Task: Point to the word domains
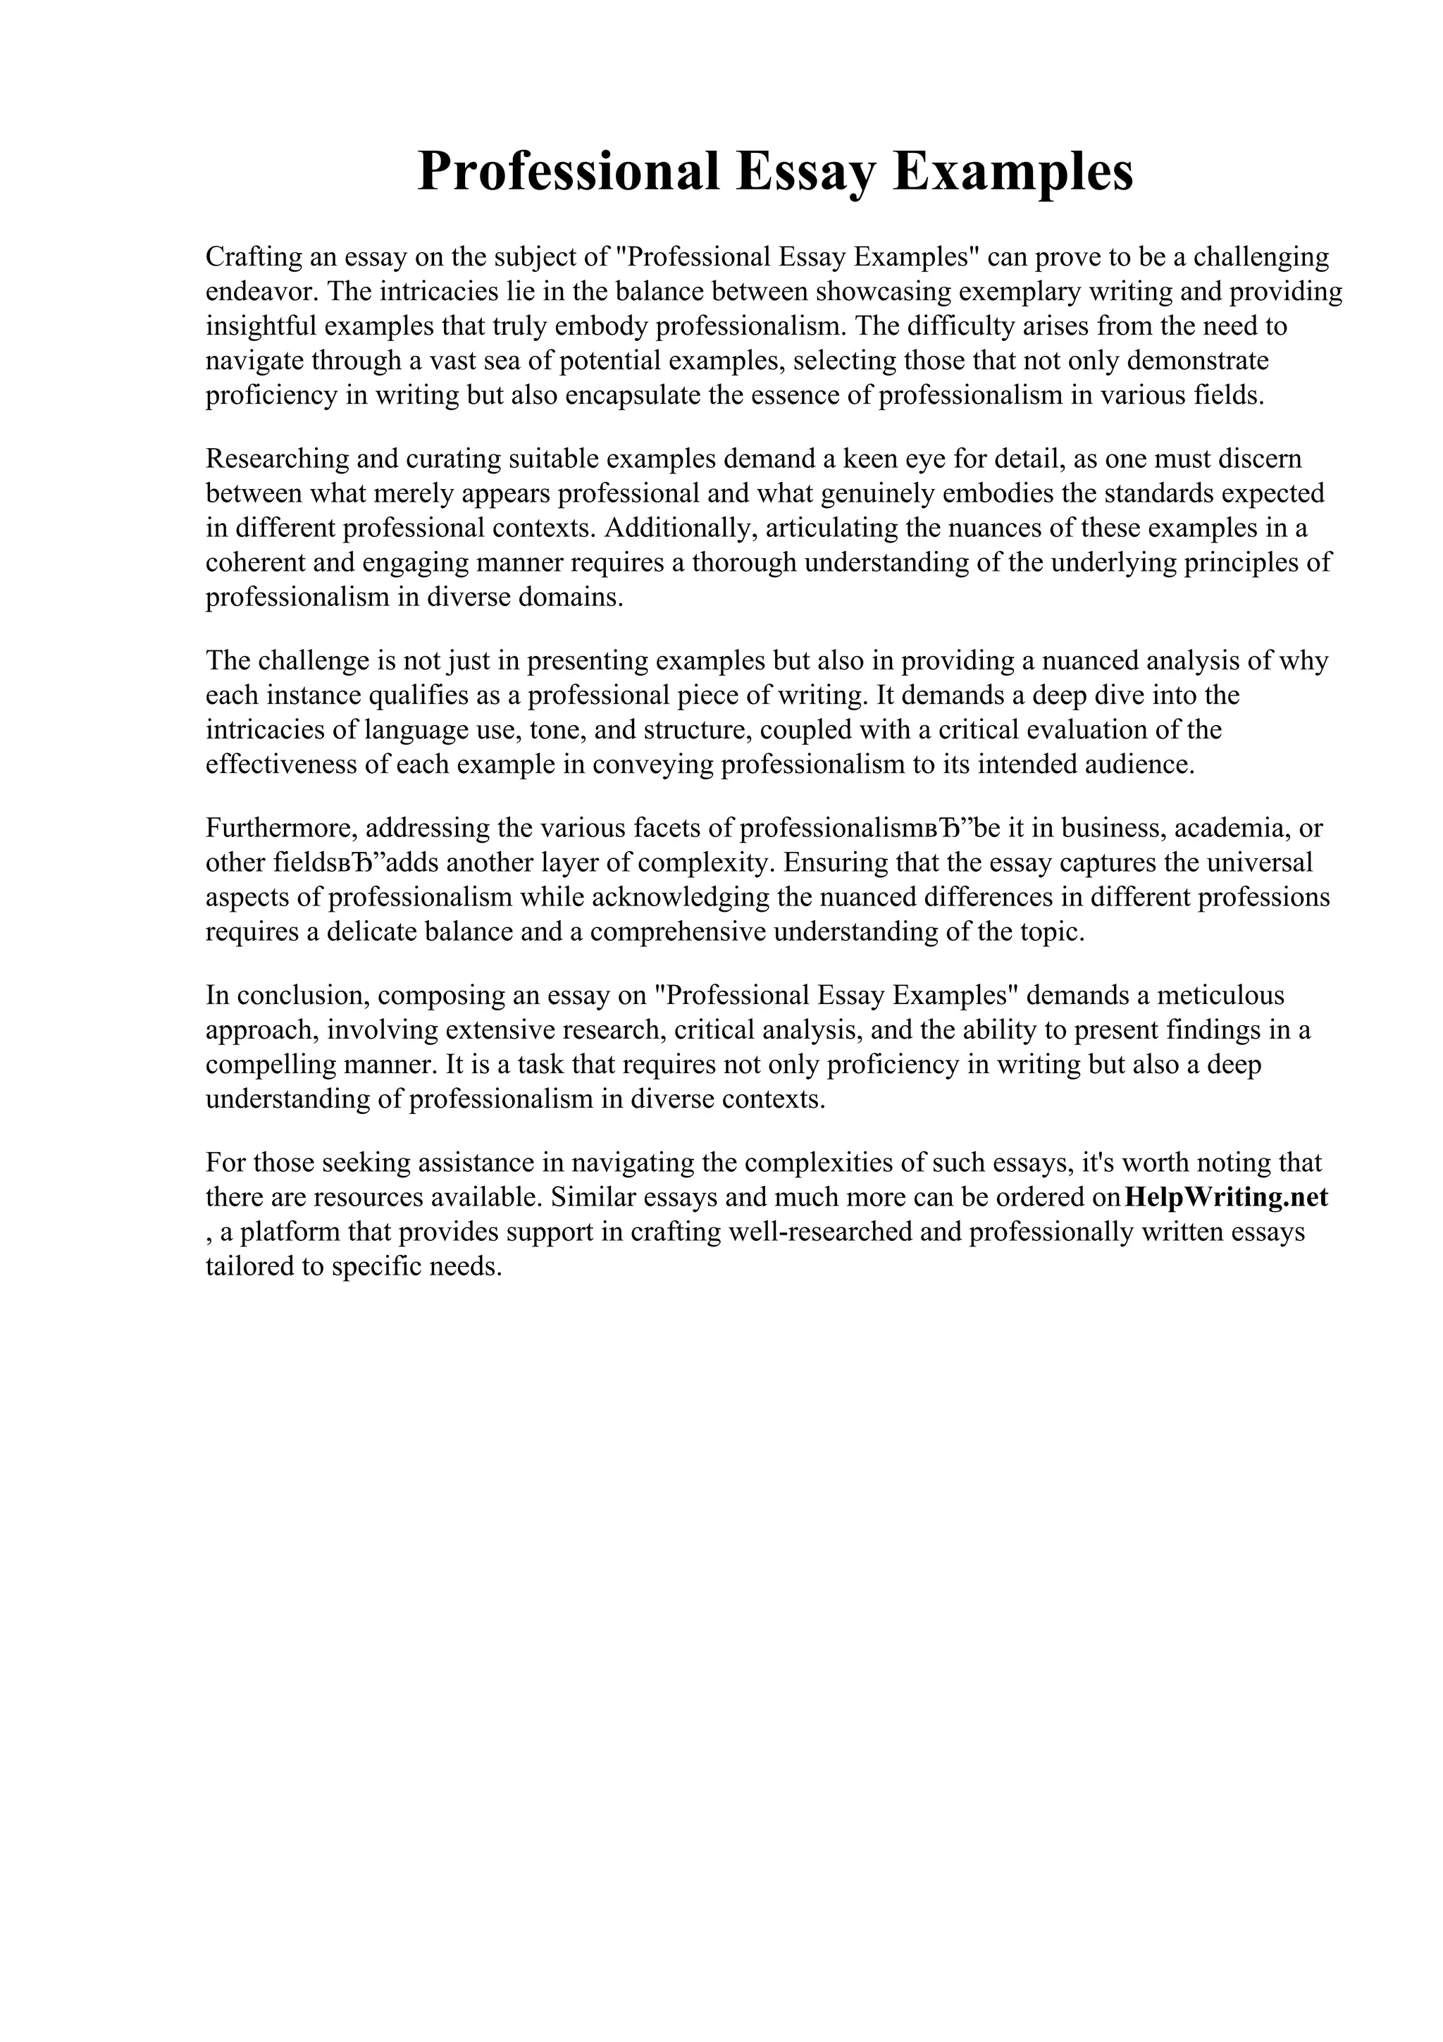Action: [574, 598]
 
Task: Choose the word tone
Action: [554, 730]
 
